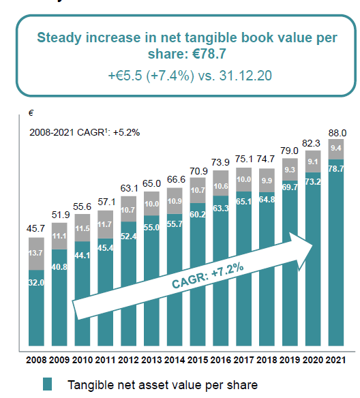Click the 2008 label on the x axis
coord(37,359)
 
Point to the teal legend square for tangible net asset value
coord(47,384)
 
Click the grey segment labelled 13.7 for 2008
coord(37,253)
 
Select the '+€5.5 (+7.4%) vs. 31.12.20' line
coord(190,75)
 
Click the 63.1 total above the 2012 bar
coord(129,188)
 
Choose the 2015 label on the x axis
coord(198,359)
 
